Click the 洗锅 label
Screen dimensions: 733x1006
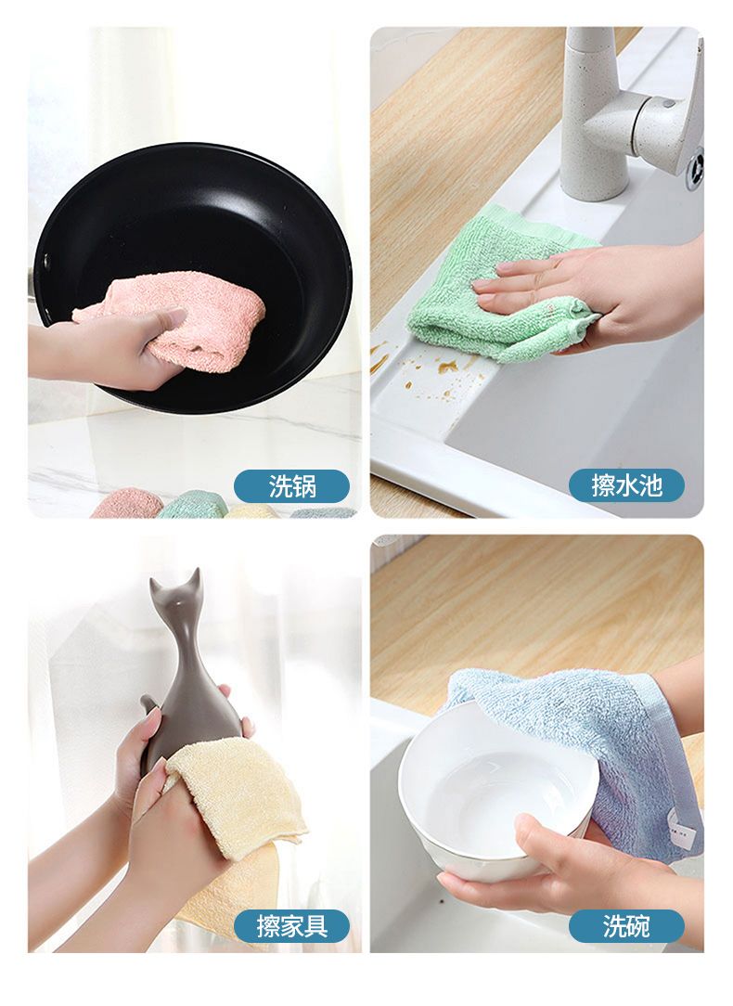(291, 485)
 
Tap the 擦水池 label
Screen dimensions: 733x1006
(626, 485)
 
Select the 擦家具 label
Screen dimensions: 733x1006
(291, 926)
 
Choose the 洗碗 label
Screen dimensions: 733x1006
(626, 926)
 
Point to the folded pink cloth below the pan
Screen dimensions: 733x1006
(125, 504)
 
